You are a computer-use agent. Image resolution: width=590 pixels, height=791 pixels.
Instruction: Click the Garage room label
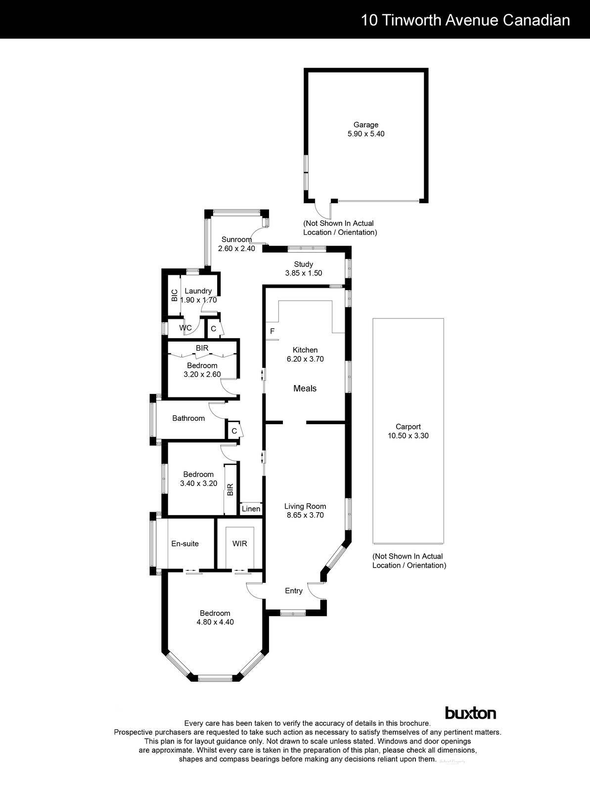point(365,125)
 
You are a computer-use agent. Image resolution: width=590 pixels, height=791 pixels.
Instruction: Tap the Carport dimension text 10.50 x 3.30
point(408,436)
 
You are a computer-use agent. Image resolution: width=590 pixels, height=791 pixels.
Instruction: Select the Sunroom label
point(236,239)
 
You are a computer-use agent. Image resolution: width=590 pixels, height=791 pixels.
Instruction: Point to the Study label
point(303,264)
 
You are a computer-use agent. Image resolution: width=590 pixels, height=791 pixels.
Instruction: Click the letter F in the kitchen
point(272,331)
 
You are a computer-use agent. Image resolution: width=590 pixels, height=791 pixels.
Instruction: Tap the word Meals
point(305,389)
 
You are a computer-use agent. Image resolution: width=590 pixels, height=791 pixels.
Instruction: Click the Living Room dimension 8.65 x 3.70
point(305,515)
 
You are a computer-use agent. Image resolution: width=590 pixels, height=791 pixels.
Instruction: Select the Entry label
point(293,591)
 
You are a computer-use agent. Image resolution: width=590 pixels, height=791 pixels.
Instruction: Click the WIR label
point(239,544)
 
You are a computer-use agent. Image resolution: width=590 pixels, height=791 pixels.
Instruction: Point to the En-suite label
point(185,544)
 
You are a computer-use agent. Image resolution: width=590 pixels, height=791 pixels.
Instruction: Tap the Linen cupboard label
point(251,509)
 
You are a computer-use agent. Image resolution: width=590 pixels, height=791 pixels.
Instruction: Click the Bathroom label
point(188,418)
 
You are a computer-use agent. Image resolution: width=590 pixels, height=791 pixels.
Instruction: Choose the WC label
point(185,328)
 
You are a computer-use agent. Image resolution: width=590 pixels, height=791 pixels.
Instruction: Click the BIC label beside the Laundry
point(174,296)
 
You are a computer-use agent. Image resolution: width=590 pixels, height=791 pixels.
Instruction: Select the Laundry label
point(198,291)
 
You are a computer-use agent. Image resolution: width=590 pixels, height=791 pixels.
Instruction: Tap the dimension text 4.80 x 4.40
point(215,622)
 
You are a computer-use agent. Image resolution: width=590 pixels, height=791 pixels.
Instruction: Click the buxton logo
point(470,713)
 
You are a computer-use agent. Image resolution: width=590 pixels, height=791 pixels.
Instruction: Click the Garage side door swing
point(324,211)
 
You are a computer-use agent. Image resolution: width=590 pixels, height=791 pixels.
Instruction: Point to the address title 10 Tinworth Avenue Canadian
point(465,20)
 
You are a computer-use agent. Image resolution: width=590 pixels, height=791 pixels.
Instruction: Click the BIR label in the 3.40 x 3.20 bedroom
point(230,490)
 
